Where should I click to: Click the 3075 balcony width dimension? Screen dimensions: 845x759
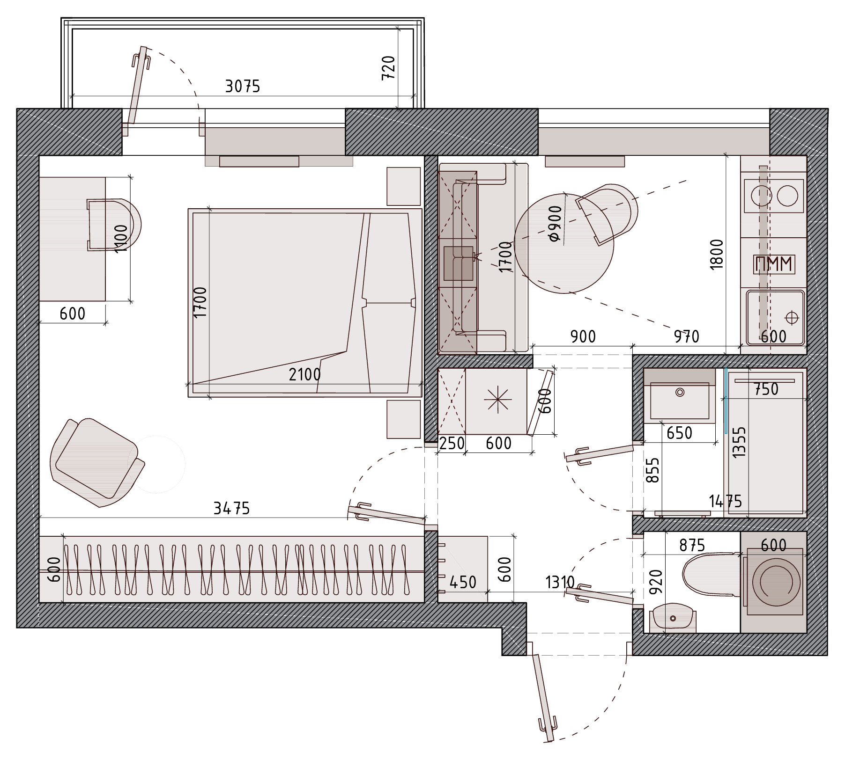pyautogui.click(x=243, y=87)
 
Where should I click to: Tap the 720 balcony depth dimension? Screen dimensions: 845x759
pyautogui.click(x=389, y=68)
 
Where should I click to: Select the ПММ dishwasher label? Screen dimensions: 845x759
pyautogui.click(x=773, y=264)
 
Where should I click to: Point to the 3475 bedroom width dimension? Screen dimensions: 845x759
pyautogui.click(x=232, y=508)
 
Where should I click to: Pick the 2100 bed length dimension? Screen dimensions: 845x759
pyautogui.click(x=305, y=374)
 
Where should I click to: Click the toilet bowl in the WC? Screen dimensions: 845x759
pyautogui.click(x=712, y=575)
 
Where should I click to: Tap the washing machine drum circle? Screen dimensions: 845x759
pyautogui.click(x=773, y=582)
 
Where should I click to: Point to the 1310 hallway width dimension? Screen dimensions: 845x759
pyautogui.click(x=560, y=582)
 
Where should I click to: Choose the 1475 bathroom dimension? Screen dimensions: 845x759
pyautogui.click(x=726, y=502)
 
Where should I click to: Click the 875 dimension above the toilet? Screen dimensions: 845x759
pyautogui.click(x=692, y=545)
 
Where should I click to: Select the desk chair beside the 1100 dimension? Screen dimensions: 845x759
pyautogui.click(x=114, y=225)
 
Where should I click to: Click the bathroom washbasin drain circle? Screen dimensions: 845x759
pyautogui.click(x=680, y=392)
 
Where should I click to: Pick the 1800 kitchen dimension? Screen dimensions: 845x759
pyautogui.click(x=717, y=254)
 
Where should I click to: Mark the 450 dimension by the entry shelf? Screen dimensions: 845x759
pyautogui.click(x=463, y=582)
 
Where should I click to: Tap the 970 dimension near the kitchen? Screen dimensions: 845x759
pyautogui.click(x=687, y=337)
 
